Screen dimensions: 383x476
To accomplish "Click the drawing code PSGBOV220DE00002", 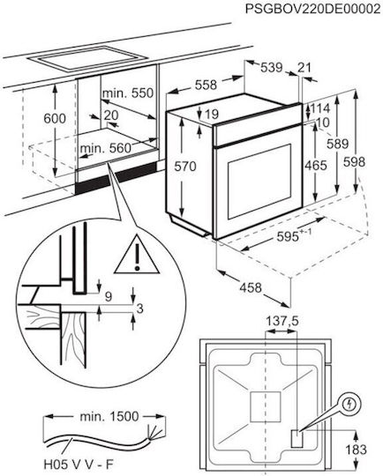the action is (312, 9).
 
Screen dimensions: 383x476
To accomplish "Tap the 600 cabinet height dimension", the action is (55, 118).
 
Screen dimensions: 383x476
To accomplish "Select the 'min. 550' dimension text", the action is (128, 93).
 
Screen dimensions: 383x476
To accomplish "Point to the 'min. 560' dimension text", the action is (106, 148).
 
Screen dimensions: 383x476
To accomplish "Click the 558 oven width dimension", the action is (206, 85).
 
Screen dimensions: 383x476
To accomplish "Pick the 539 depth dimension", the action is (272, 67).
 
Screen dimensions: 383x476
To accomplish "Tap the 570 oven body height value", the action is (185, 167).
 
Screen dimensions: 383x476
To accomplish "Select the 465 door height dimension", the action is (316, 166).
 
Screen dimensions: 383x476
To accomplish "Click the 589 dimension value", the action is (337, 144).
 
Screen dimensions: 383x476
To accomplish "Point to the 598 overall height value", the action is (354, 162).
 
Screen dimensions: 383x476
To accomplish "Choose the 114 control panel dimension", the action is (319, 108).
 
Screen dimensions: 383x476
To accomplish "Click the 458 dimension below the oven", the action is (251, 287).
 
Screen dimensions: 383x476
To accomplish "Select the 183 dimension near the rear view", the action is (357, 450).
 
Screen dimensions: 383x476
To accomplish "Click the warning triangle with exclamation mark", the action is (137, 256).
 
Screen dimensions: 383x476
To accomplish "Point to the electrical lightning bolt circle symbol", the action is (350, 404).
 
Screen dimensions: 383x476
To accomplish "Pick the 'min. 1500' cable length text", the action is (109, 416).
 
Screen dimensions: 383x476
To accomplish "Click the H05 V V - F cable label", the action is (79, 465).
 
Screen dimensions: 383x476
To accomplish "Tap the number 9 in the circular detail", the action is (109, 296).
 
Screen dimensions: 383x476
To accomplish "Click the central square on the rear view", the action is (266, 406).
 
